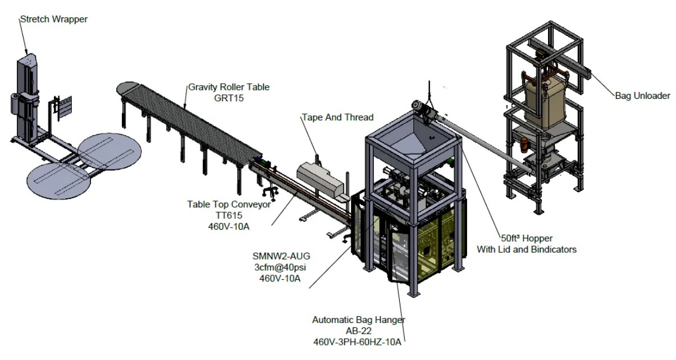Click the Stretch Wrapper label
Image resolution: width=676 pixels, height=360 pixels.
[54, 19]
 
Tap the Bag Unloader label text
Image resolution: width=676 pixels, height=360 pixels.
[642, 96]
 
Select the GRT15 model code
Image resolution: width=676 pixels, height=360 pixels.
[229, 98]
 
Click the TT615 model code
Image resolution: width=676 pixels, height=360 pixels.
[229, 216]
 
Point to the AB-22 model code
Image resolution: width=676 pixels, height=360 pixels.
[359, 331]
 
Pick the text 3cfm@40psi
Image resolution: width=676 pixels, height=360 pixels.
[280, 267]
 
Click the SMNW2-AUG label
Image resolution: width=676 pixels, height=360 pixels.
[281, 256]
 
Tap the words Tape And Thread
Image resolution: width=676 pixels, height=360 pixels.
[337, 117]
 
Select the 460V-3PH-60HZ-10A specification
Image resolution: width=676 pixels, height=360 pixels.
[357, 342]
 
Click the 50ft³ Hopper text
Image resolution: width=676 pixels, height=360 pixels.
[527, 238]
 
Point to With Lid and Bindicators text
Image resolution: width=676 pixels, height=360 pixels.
[527, 249]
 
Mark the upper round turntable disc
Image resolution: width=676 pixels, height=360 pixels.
[109, 152]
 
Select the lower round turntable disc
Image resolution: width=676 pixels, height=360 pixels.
[59, 180]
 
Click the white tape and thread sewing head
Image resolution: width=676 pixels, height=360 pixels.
[320, 177]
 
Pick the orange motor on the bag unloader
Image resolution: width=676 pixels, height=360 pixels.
[524, 145]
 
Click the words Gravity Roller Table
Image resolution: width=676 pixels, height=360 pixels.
[229, 87]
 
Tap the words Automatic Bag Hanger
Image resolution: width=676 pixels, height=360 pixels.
[359, 320]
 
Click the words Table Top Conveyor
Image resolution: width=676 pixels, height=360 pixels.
[229, 204]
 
